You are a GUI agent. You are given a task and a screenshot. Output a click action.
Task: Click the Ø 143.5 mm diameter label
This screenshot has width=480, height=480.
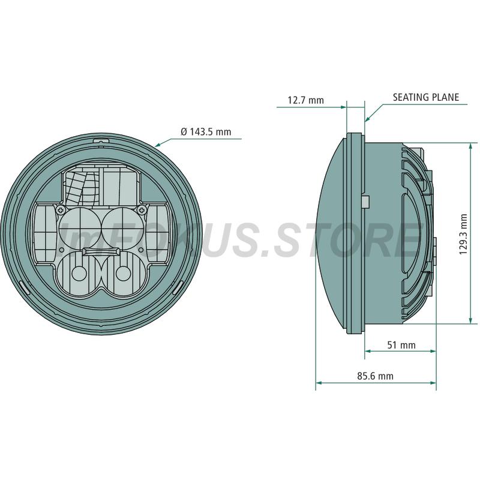coord(206,132)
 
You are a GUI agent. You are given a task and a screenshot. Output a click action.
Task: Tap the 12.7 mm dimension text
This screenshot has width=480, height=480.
coord(305,100)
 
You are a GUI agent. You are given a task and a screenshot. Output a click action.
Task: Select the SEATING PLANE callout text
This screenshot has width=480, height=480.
coord(426,97)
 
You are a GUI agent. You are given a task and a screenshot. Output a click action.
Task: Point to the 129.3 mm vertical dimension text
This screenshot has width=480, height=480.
coord(463,234)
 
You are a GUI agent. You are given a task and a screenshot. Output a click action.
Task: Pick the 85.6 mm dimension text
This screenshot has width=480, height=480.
coord(376,376)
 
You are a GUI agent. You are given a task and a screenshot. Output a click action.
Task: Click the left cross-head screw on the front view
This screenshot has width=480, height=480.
coord(61,210)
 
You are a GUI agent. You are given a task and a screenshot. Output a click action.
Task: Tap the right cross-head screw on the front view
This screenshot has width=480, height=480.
coord(142,209)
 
